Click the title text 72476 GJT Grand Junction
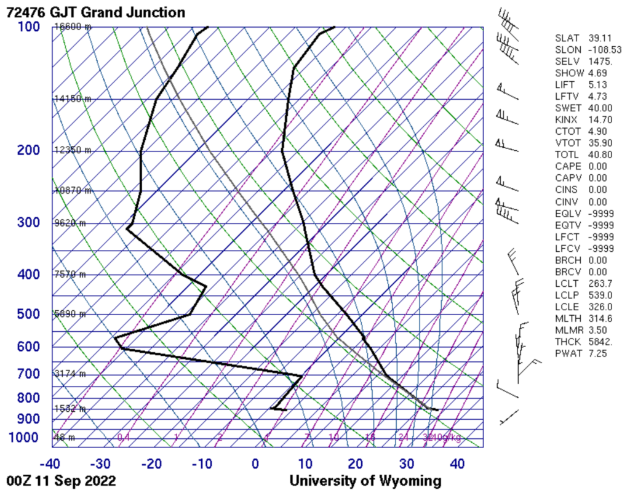coord(95,12)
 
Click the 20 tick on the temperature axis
coord(355,463)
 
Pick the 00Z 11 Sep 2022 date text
coord(60,481)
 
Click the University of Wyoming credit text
coord(365,481)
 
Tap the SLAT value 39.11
coord(600,38)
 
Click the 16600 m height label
coord(73,27)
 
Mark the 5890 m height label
coord(70,315)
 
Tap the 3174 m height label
coord(70,374)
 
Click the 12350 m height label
coord(73,150)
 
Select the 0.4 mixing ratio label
coord(124,438)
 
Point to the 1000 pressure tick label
coord(25,438)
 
